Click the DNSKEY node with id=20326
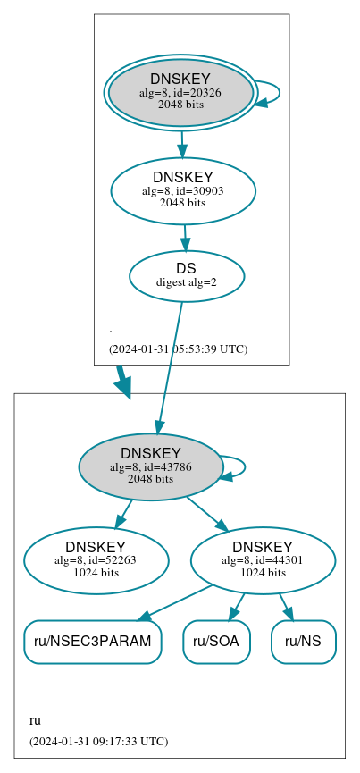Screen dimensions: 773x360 click(180, 91)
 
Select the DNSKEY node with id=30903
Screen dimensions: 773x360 click(183, 190)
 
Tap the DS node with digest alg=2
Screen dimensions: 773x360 click(187, 275)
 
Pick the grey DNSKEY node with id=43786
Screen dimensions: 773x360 click(150, 466)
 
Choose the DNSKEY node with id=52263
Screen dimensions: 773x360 click(96, 560)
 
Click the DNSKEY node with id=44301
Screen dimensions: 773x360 click(263, 560)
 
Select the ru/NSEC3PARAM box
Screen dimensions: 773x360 click(93, 641)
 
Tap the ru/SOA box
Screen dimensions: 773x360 click(217, 641)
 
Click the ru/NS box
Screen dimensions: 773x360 click(303, 641)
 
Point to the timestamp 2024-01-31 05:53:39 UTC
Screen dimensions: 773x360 click(178, 349)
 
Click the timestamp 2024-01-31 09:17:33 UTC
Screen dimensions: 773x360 click(98, 741)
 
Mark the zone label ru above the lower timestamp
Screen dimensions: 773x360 click(36, 720)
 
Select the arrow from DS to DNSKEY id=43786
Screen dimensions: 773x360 click(171, 366)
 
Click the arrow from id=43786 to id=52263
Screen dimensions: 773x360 click(123, 514)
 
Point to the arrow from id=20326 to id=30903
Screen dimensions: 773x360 click(182, 143)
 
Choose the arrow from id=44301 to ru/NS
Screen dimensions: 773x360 click(286, 605)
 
